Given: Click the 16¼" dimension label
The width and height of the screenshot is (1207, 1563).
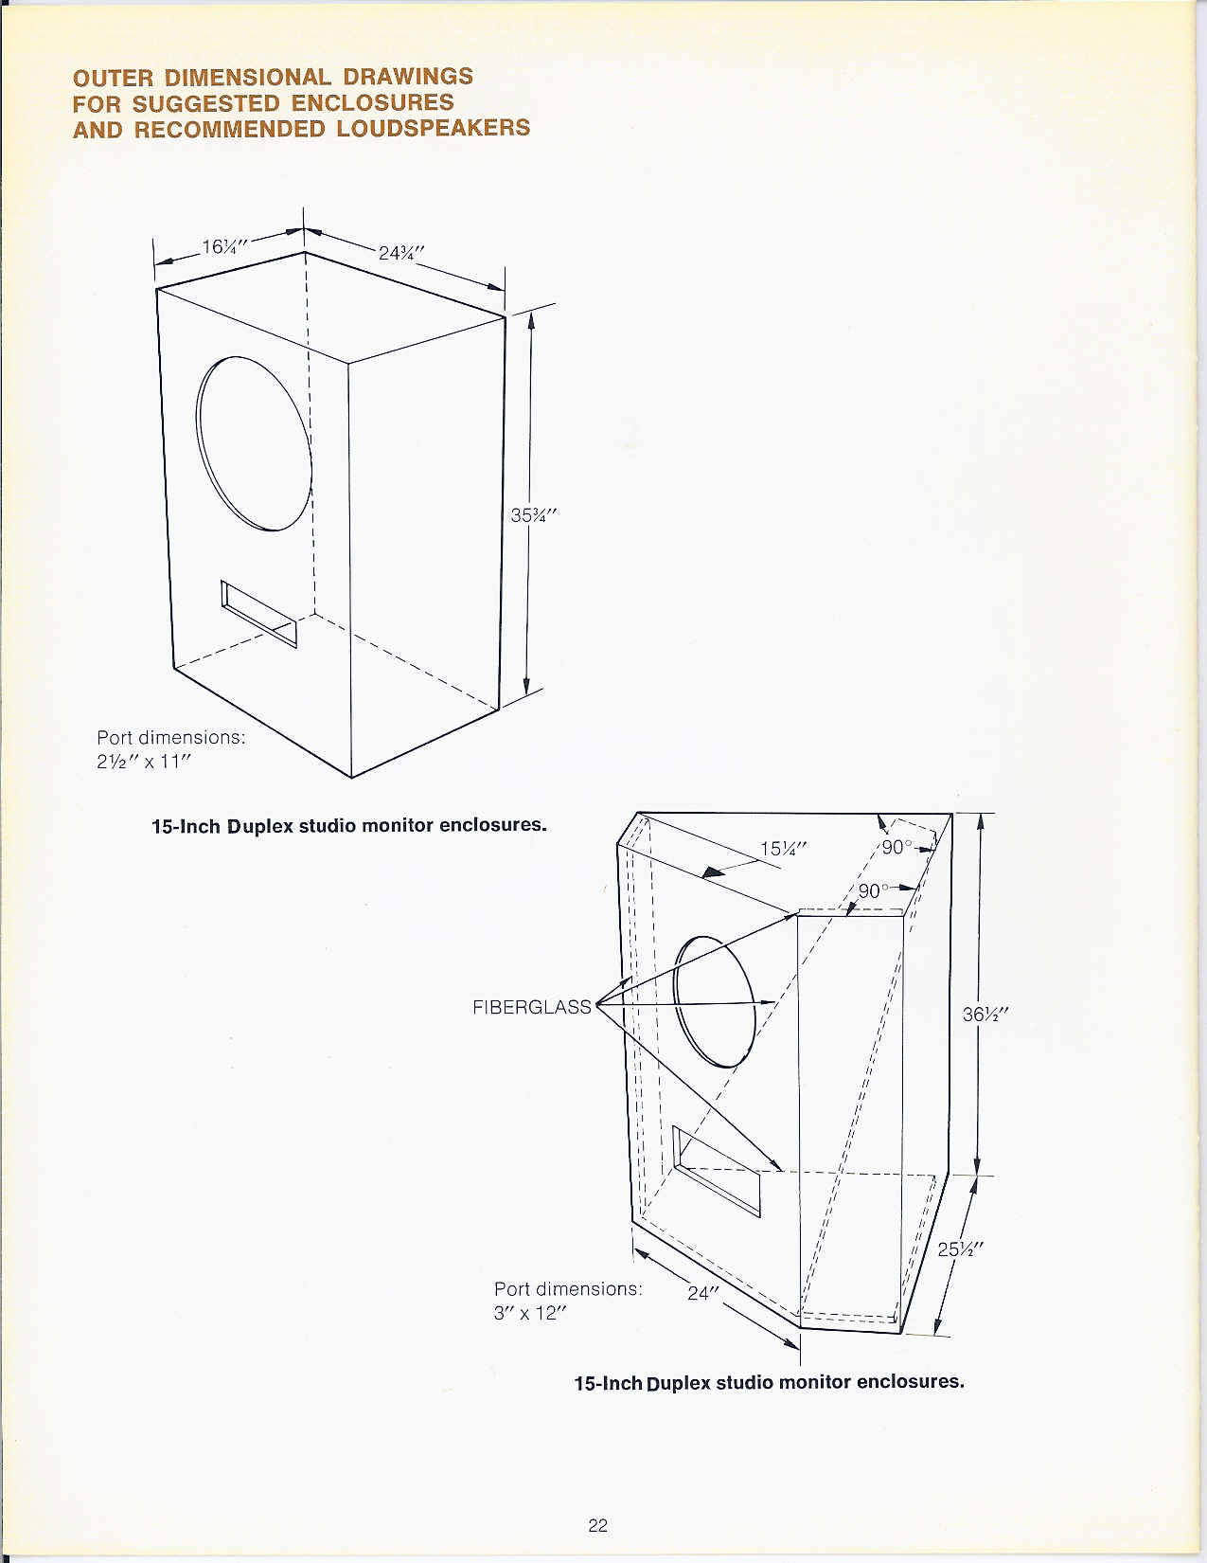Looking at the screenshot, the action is click(224, 246).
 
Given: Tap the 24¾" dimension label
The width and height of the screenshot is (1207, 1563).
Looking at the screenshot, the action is click(401, 253).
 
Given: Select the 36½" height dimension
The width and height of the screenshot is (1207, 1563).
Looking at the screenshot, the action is click(985, 1015).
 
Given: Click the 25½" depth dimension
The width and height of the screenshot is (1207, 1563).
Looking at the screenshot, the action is click(961, 1249).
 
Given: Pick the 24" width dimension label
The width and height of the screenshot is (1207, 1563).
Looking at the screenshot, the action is click(703, 1293).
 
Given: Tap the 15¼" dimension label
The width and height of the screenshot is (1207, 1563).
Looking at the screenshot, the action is click(784, 849).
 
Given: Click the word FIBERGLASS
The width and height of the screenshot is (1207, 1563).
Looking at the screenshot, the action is click(532, 1007).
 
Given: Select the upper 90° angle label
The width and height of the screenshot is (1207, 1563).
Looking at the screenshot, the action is click(896, 847).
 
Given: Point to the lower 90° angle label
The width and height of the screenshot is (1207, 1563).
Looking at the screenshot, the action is click(874, 891).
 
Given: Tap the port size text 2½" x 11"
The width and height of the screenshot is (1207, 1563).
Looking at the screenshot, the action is click(144, 761).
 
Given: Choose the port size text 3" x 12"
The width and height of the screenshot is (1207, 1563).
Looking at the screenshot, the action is click(530, 1313).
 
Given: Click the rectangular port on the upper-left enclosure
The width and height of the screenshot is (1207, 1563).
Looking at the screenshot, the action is click(258, 614).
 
